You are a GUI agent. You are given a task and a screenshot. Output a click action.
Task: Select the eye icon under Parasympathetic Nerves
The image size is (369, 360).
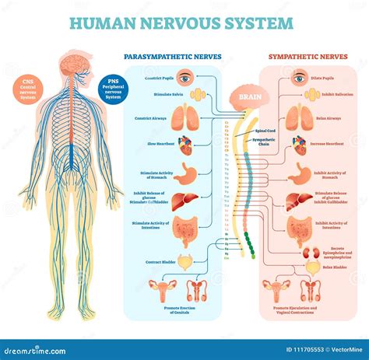click(x=184, y=77)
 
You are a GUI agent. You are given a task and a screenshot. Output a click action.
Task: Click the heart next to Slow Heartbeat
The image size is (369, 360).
click(x=185, y=145)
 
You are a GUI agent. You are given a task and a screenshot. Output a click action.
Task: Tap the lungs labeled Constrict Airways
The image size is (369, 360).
click(x=185, y=117)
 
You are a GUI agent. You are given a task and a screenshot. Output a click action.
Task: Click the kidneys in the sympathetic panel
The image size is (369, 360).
click(x=311, y=253)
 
